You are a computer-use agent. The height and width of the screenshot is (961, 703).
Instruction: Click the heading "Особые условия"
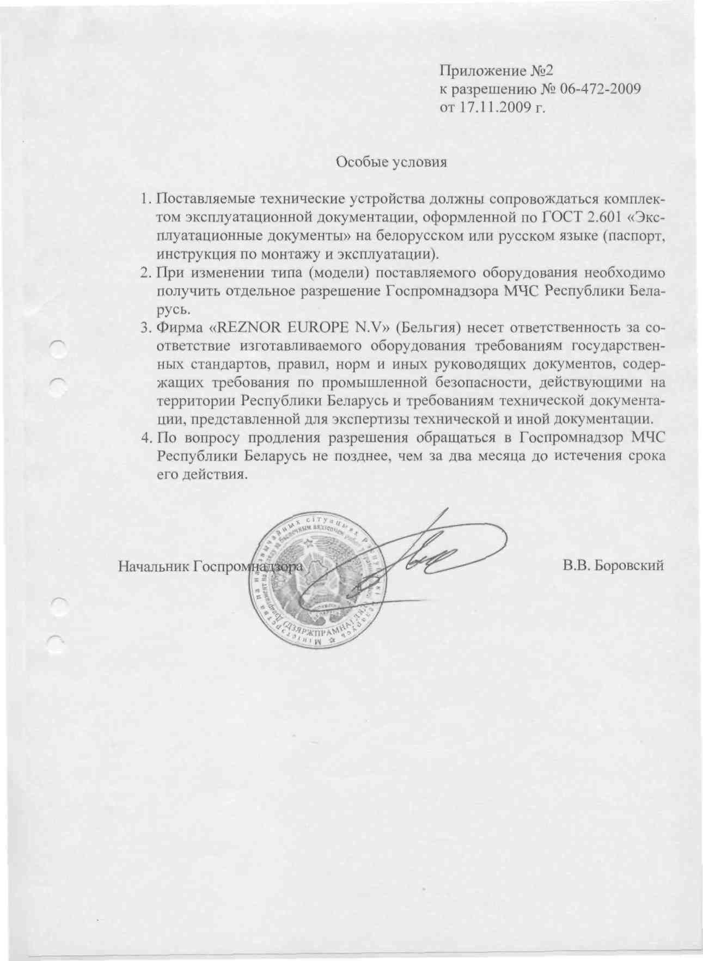pos(391,162)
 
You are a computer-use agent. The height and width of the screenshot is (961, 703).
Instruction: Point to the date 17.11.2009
pos(493,107)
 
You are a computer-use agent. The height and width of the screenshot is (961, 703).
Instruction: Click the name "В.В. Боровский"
pos(614,566)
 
